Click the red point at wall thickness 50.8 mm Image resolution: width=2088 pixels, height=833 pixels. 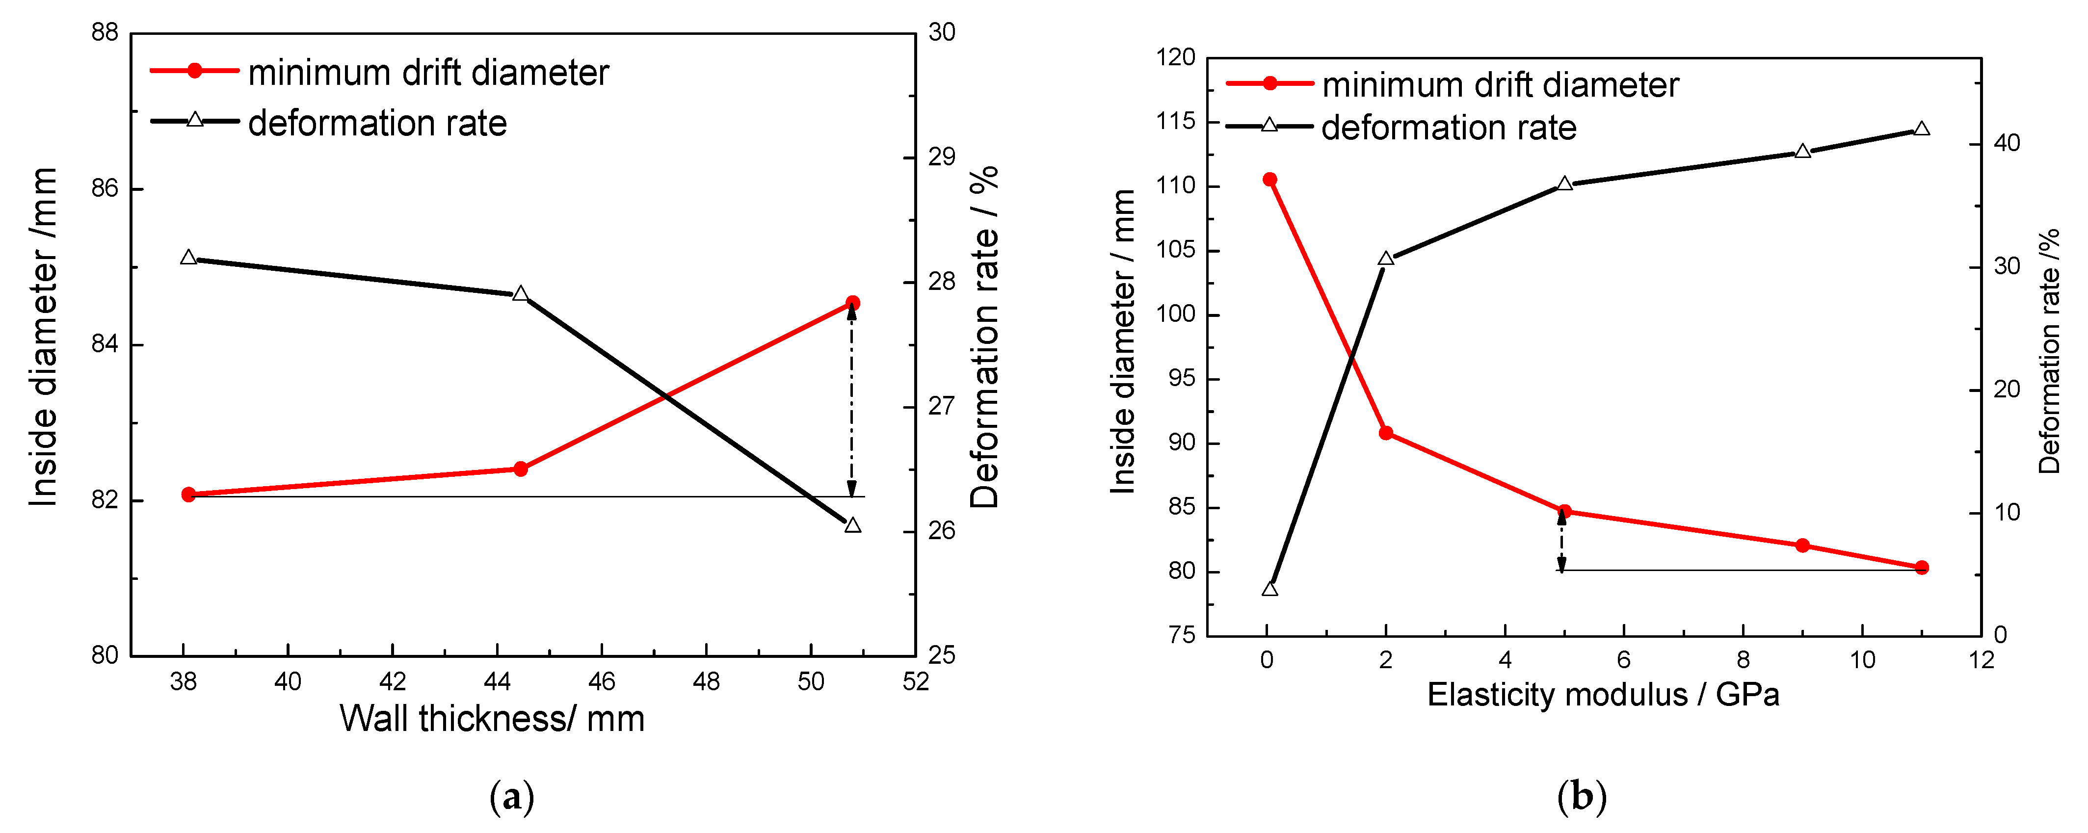coord(852,303)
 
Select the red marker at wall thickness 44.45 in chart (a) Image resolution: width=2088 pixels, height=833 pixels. coord(520,469)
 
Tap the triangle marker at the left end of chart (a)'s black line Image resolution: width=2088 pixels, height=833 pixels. coord(189,258)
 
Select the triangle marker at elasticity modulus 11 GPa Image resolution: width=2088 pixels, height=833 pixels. coord(1921,130)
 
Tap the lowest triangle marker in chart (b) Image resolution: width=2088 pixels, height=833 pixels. coord(1270,589)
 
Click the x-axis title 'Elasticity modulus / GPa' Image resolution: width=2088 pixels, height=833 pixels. coord(1603,695)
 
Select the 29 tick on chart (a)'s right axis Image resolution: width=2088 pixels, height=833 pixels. coord(942,157)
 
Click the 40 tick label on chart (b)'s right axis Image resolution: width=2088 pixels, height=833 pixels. coord(2007,143)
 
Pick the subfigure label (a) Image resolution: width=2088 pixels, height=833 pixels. coord(512,797)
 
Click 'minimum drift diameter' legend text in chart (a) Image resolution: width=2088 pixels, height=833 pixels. coord(428,73)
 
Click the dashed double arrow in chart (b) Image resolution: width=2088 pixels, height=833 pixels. coord(1561,541)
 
